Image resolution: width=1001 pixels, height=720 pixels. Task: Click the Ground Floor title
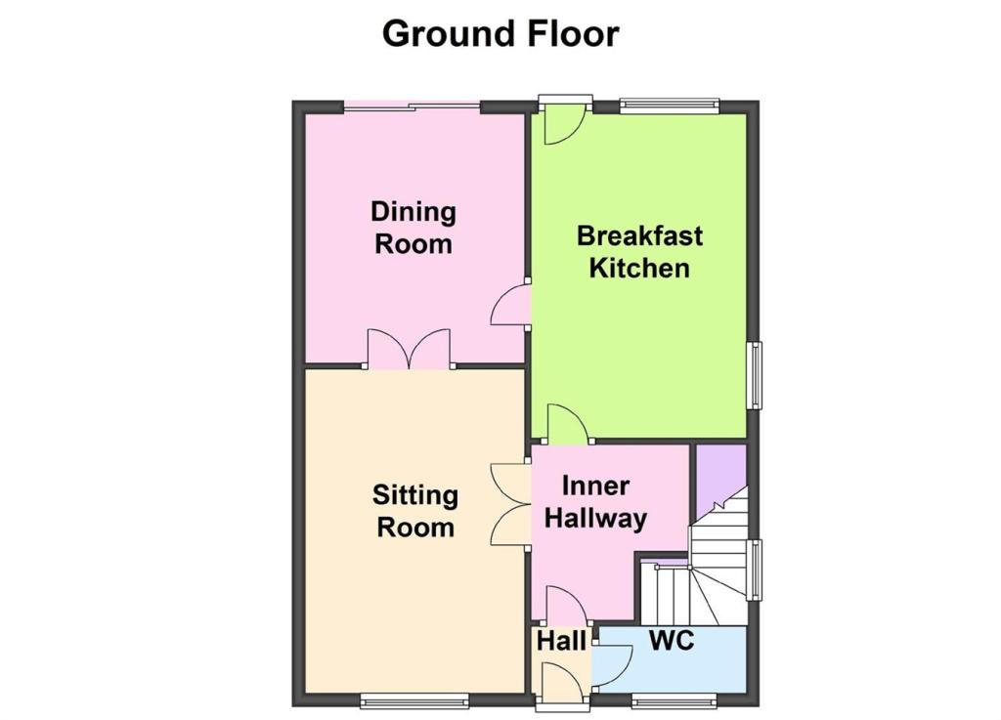pyautogui.click(x=500, y=33)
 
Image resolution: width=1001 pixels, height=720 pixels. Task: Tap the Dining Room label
pyautogui.click(x=413, y=228)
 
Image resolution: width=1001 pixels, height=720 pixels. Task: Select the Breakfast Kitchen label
pyautogui.click(x=639, y=251)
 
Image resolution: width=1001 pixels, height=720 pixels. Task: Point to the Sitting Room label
pyautogui.click(x=414, y=511)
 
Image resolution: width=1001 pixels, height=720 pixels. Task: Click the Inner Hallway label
pyautogui.click(x=595, y=502)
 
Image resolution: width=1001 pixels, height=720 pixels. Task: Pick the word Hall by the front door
pyautogui.click(x=561, y=641)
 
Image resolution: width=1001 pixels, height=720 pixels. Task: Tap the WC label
pyautogui.click(x=672, y=640)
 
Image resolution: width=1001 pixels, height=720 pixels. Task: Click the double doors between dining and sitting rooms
pyautogui.click(x=410, y=349)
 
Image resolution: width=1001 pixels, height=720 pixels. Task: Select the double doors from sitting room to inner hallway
pyautogui.click(x=511, y=504)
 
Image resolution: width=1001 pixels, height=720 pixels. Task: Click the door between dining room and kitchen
pyautogui.click(x=511, y=305)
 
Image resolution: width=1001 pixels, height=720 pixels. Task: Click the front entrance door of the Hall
pyautogui.click(x=562, y=683)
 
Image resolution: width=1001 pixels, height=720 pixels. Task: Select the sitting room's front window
pyautogui.click(x=414, y=700)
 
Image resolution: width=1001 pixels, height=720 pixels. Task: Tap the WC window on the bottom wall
pyautogui.click(x=675, y=700)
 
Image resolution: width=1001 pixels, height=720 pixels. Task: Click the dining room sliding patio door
pyautogui.click(x=413, y=106)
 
